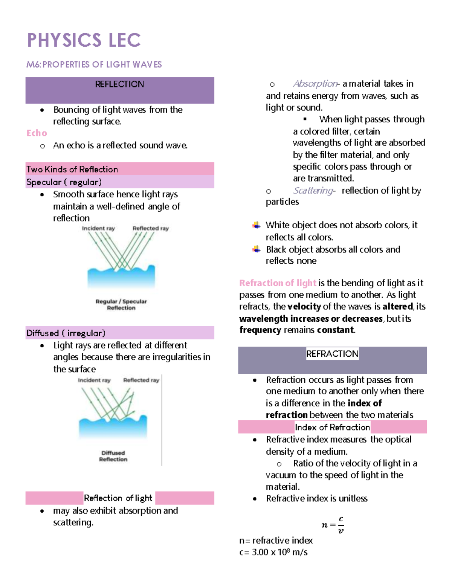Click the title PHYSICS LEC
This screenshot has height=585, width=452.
84,40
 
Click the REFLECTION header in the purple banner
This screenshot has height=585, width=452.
119,84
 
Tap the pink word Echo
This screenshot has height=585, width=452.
37,133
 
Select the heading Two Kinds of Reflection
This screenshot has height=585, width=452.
72,170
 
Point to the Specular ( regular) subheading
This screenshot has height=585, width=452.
64,182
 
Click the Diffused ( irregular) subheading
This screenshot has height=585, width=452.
66,333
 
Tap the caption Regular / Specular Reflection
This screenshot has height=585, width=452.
121,304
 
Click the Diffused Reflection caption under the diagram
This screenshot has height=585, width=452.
113,456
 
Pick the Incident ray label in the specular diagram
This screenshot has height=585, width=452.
98,228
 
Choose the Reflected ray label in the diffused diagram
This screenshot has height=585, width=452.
141,380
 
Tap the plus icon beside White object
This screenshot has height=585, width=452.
257,225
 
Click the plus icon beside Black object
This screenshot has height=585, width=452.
257,249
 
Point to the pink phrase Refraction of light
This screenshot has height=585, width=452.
278,283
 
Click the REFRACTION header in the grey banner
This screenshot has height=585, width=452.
332,354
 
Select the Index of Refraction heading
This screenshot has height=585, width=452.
332,427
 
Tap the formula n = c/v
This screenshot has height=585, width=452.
333,525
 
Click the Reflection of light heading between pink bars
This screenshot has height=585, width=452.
118,498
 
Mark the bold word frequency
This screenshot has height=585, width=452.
260,330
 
